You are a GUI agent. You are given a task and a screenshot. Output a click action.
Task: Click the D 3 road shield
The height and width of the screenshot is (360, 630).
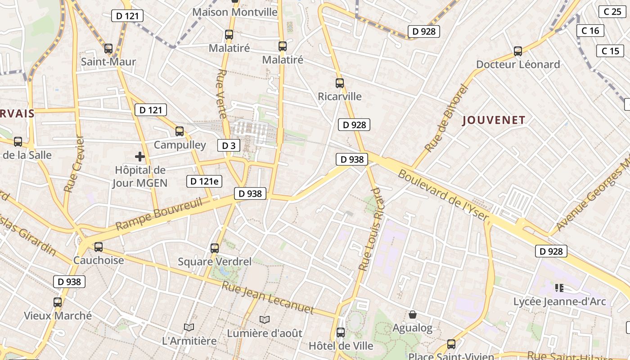(229, 145)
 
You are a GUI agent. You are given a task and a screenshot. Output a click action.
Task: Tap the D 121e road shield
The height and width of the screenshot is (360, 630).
(204, 181)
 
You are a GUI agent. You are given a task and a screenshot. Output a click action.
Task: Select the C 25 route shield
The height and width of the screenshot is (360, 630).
(612, 12)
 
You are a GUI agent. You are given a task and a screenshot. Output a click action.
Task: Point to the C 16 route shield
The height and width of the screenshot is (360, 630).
(590, 31)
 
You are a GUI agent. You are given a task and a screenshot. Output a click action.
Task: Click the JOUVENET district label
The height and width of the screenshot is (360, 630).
(494, 120)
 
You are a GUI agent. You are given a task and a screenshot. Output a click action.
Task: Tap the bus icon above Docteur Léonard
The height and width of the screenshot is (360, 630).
(518, 51)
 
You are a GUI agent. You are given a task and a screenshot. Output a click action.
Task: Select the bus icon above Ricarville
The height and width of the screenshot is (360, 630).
(340, 83)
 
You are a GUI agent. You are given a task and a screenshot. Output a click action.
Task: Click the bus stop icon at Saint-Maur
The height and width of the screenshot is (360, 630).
(108, 49)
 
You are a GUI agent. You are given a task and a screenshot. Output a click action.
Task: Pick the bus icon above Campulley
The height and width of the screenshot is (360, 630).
(180, 131)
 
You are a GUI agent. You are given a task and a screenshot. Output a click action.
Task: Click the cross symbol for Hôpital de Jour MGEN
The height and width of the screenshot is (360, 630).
(140, 157)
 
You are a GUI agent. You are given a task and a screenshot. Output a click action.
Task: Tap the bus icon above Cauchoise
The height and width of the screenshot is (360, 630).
(99, 247)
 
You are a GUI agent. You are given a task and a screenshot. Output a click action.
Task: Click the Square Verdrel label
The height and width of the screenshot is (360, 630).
(215, 261)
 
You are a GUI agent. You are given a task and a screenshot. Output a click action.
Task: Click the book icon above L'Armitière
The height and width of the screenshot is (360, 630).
(189, 327)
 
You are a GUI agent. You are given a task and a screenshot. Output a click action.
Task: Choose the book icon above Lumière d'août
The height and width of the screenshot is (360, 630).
(265, 319)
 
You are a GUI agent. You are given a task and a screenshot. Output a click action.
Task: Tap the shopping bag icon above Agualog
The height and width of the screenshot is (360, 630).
(412, 315)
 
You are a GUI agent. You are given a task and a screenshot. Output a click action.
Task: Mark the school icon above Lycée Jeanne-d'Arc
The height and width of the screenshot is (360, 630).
(559, 288)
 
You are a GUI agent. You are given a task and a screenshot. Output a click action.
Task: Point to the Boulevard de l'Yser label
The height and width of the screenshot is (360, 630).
(443, 195)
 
